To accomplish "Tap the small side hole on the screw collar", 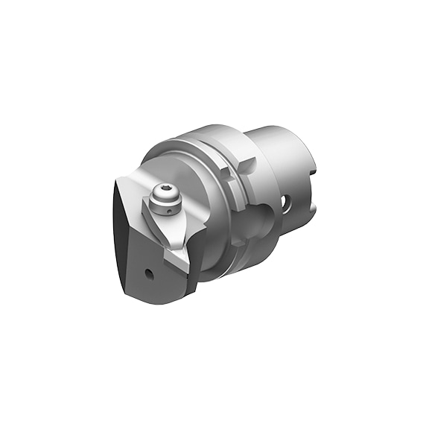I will tap(170, 211).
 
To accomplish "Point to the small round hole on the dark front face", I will tap(149, 273).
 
